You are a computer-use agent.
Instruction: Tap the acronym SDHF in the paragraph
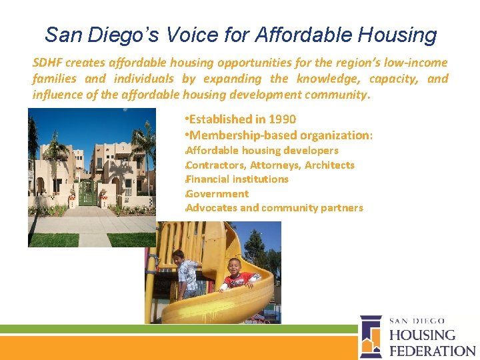click(x=47, y=63)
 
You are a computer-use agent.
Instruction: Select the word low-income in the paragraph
click(x=418, y=63)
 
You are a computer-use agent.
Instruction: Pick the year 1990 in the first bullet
click(x=282, y=119)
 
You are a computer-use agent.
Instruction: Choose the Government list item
click(x=217, y=193)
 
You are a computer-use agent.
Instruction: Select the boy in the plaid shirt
click(x=186, y=273)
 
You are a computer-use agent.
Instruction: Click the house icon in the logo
click(x=371, y=337)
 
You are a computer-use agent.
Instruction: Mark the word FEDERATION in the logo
click(x=432, y=350)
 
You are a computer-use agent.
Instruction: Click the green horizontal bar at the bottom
click(x=173, y=329)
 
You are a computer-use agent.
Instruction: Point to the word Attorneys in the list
click(x=273, y=165)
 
